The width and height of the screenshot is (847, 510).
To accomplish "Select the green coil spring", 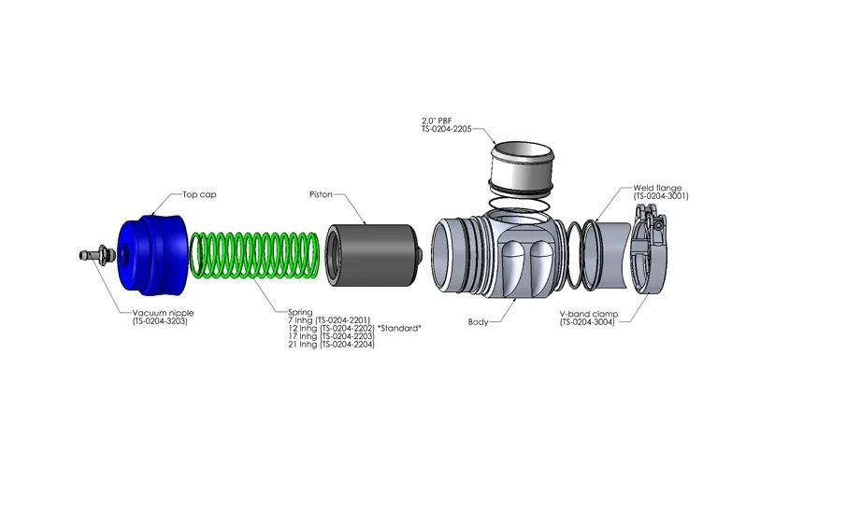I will click(252, 255).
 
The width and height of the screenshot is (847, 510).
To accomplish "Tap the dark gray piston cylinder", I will click(371, 254).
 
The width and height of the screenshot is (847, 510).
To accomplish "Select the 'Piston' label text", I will click(322, 196).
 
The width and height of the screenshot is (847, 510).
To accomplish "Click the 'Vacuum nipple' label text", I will click(165, 313).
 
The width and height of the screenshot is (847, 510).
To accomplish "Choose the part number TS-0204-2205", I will click(452, 129).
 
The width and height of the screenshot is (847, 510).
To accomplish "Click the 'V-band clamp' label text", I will click(592, 314).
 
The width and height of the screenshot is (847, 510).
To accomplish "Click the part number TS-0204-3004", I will click(593, 322).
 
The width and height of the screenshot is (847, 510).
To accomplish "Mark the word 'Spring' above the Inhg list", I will click(301, 312).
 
